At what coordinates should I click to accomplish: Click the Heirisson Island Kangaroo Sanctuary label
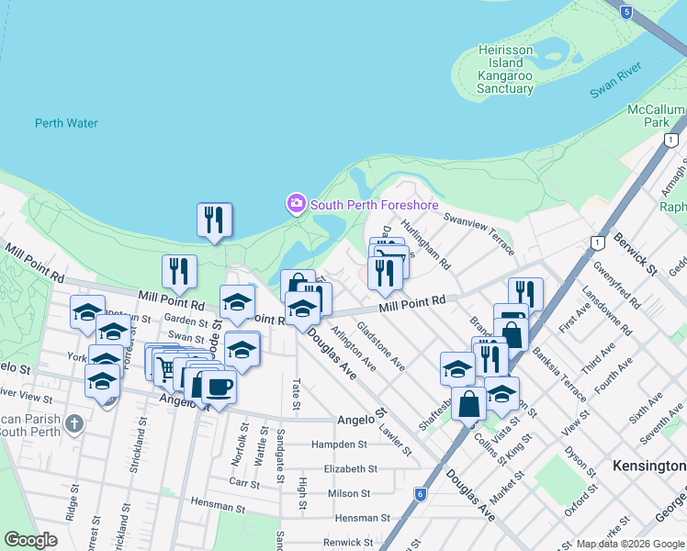point(505,69)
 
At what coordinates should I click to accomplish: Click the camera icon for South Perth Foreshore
point(296,204)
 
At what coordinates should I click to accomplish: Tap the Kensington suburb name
point(648,467)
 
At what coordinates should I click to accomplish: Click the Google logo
point(30,540)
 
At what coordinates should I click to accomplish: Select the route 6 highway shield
point(421,493)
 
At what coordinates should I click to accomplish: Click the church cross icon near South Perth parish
point(75,424)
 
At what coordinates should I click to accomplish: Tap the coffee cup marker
point(217,387)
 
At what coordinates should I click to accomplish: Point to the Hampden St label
point(339,444)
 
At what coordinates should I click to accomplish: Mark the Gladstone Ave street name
point(381,345)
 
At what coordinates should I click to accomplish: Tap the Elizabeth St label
point(351,468)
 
